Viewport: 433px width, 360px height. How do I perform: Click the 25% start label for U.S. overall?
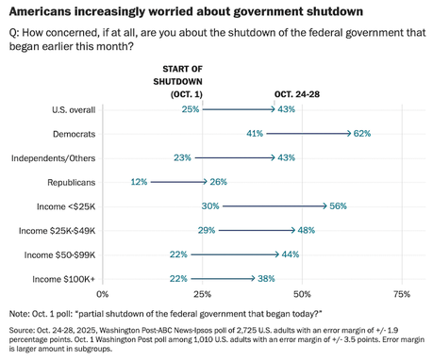[x=191, y=110]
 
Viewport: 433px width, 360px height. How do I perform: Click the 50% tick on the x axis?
[x=303, y=295]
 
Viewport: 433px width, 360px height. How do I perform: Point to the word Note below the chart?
[x=19, y=312]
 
